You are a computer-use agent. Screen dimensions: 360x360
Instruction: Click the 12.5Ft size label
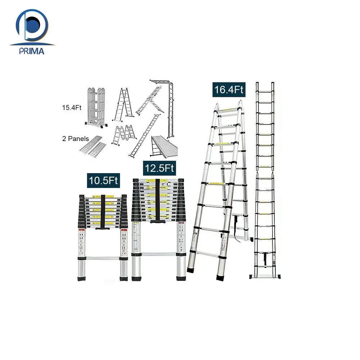(159, 168)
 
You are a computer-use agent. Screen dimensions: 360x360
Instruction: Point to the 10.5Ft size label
(104, 180)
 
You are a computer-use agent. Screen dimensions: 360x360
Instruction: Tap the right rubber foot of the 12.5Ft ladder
(181, 278)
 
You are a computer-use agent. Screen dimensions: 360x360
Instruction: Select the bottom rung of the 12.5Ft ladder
(158, 254)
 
